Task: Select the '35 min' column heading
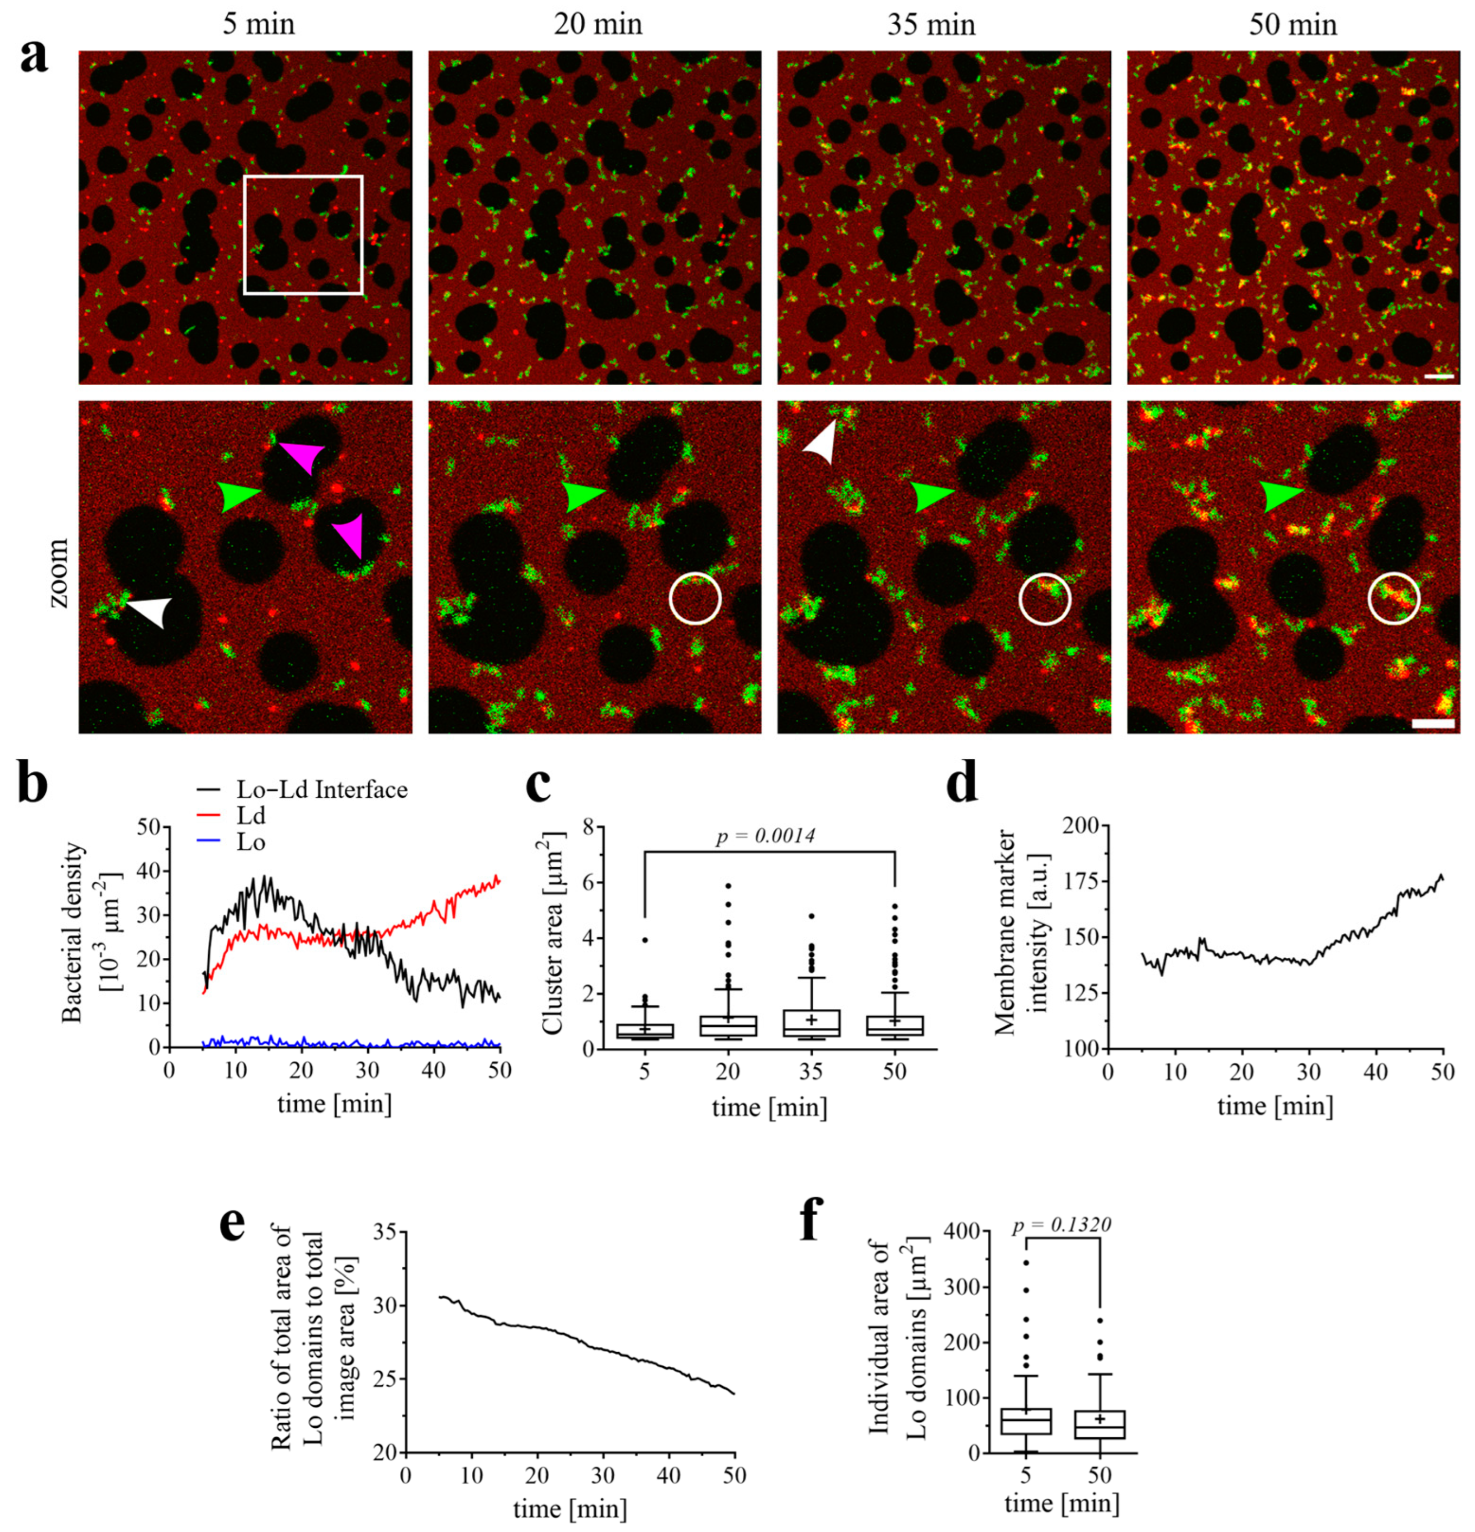pos(931,25)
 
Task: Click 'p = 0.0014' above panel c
pos(765,836)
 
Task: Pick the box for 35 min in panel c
pos(812,1023)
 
